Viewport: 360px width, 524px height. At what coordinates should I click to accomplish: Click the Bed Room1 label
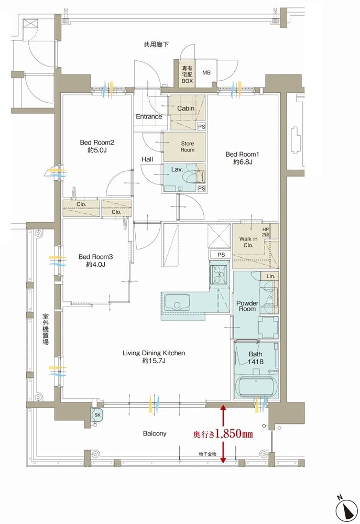point(242,155)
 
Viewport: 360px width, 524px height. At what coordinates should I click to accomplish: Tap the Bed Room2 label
point(97,143)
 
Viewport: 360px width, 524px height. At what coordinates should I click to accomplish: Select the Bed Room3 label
point(95,257)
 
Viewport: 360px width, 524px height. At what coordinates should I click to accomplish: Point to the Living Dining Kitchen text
point(154,353)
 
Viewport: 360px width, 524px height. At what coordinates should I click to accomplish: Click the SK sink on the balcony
point(97,415)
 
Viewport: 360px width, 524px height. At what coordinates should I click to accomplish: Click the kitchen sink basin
point(177,303)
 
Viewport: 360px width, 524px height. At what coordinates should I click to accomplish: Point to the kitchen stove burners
point(219,272)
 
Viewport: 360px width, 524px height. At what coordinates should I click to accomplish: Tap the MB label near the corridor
point(206,72)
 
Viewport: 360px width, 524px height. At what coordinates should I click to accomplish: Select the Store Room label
point(188,147)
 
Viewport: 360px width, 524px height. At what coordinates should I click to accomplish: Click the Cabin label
point(186,108)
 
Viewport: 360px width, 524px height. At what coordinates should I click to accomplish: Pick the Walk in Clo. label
point(248,242)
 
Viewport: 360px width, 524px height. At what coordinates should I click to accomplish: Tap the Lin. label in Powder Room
point(271,276)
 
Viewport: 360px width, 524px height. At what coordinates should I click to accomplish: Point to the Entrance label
point(149,117)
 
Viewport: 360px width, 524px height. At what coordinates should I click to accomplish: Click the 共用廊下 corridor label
point(156,45)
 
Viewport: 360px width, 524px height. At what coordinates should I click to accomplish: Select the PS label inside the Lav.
point(202,189)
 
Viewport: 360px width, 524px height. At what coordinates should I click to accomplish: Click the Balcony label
point(155,433)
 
